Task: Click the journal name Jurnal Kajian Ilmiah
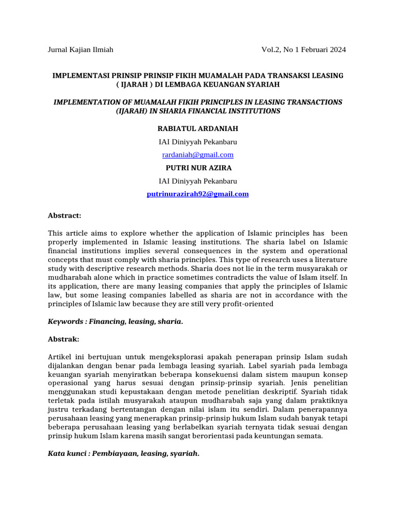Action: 80,50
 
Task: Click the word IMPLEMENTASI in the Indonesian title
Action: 79,76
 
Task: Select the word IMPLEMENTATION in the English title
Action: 85,102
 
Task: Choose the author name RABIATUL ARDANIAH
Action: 198,128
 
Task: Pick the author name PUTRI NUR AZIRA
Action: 198,168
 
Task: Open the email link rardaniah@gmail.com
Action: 198,155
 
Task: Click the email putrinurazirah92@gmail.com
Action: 198,194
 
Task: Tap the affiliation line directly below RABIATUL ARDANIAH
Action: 198,142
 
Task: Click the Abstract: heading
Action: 64,215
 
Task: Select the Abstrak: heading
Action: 64,340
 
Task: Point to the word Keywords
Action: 65,322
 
